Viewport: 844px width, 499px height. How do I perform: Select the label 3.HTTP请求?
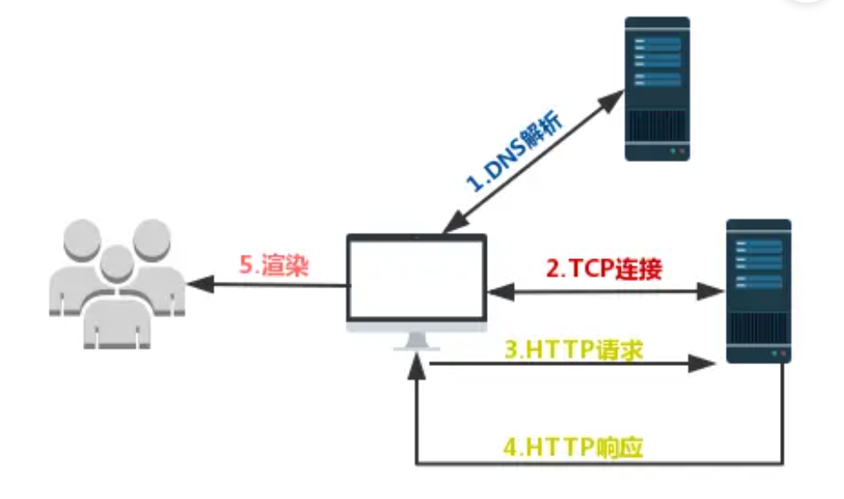click(573, 350)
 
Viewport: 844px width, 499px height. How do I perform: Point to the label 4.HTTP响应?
click(573, 447)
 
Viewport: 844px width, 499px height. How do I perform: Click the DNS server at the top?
click(657, 88)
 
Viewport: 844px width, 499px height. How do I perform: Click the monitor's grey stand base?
click(416, 347)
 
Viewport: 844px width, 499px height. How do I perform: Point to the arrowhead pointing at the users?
click(199, 284)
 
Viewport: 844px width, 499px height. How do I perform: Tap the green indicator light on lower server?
click(772, 354)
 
